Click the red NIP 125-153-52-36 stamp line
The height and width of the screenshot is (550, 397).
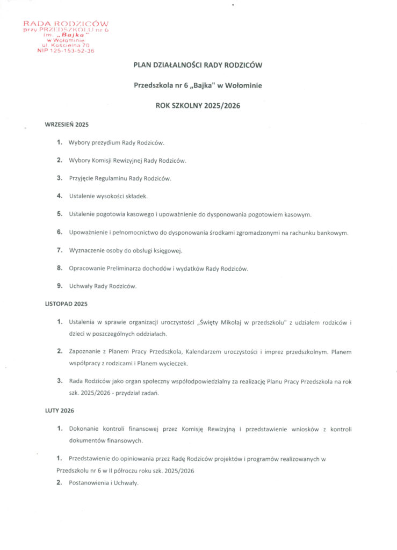(67, 51)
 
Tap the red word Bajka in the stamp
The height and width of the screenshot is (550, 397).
(67, 35)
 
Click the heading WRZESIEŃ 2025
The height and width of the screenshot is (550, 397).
(66, 125)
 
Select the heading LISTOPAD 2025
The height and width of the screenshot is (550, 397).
(66, 304)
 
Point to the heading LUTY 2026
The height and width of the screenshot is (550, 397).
(59, 410)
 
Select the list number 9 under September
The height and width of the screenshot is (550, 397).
(60, 286)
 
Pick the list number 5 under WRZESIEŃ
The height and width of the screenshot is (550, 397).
(60, 214)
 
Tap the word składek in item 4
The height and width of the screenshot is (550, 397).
(135, 197)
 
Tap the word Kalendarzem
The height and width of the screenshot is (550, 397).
(206, 352)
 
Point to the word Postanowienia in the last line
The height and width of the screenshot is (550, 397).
(89, 483)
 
